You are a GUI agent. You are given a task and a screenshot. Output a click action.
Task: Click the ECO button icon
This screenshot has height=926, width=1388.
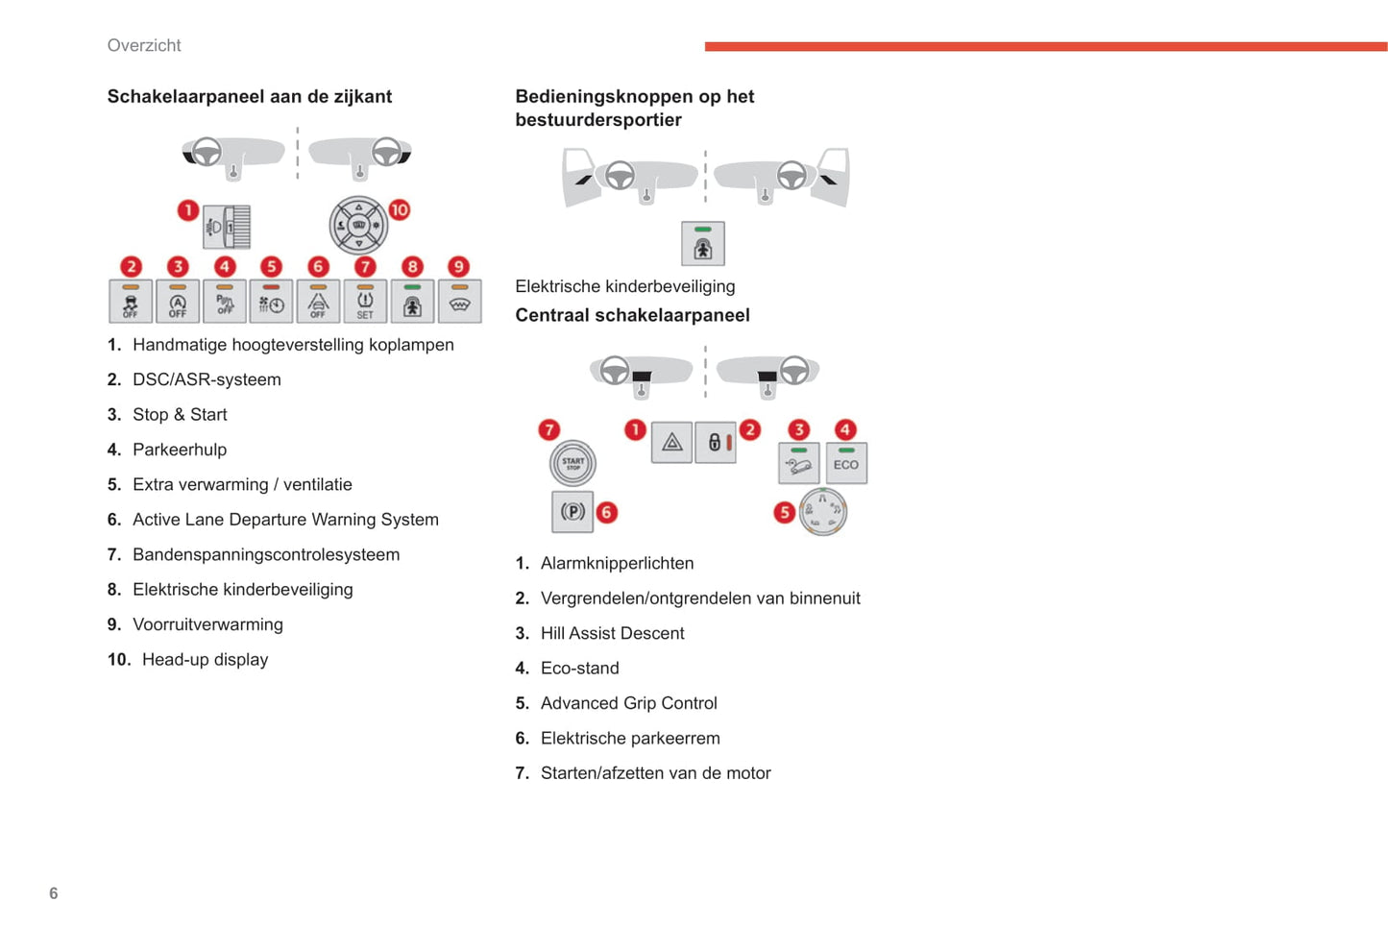(846, 463)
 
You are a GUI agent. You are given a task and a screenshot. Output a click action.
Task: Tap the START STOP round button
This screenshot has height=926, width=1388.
(572, 463)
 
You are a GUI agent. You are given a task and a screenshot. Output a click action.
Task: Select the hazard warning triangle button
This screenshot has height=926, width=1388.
(671, 443)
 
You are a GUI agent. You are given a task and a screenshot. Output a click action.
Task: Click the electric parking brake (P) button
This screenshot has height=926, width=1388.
(572, 512)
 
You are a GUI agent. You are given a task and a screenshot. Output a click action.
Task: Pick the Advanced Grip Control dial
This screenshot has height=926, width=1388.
(823, 511)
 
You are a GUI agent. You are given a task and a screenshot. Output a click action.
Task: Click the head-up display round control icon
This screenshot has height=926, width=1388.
(358, 225)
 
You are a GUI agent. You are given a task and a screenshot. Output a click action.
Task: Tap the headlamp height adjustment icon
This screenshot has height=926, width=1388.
(228, 227)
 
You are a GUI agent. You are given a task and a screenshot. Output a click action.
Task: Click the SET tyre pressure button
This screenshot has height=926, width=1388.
(365, 302)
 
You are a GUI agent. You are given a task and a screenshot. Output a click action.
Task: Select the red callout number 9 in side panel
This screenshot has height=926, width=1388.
(459, 266)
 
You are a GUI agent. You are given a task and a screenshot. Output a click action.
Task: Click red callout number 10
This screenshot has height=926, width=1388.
(399, 209)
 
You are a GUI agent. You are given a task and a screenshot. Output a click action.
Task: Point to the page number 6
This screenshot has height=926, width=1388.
(54, 893)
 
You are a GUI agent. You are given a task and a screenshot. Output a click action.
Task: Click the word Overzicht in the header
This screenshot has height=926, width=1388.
(144, 45)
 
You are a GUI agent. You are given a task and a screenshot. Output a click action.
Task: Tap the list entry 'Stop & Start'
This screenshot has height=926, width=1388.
(180, 415)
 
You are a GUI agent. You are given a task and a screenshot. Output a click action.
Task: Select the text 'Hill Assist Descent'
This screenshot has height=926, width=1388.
(612, 633)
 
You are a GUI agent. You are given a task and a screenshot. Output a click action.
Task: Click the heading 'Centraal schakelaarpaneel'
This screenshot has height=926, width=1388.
(632, 315)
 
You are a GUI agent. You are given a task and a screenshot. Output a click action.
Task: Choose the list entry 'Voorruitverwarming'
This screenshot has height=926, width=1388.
(207, 624)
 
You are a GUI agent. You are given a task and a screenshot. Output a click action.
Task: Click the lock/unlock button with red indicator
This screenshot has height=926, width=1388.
(716, 443)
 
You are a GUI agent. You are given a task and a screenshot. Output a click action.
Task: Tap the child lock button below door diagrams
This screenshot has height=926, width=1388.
(703, 244)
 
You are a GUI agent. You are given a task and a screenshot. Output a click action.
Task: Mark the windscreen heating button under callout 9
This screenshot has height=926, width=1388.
(459, 302)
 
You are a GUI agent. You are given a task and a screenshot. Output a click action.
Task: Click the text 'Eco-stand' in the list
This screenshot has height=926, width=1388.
(579, 669)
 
